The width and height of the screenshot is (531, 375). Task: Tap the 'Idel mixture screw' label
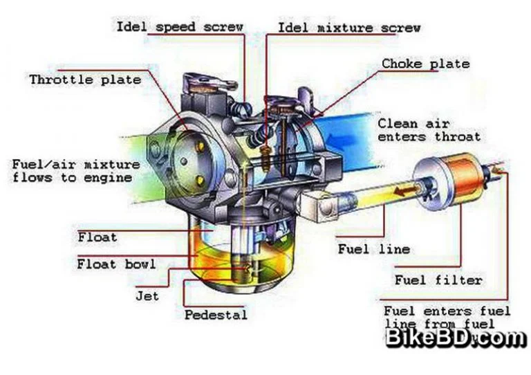(349, 28)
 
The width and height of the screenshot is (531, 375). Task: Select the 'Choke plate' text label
(425, 64)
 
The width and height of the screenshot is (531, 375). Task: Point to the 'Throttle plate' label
(84, 80)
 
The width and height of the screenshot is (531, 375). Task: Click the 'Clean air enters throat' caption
(428, 130)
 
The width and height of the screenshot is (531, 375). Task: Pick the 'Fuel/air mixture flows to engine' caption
(75, 171)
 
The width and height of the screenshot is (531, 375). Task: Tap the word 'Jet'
(147, 295)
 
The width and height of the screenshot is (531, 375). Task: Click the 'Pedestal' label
(215, 315)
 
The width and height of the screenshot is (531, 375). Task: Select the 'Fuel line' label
(373, 248)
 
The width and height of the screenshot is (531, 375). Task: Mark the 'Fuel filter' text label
(438, 280)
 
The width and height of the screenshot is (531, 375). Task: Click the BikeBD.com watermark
(456, 338)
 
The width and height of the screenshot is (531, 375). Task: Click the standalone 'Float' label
(97, 237)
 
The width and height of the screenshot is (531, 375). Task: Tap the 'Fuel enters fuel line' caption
(447, 318)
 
